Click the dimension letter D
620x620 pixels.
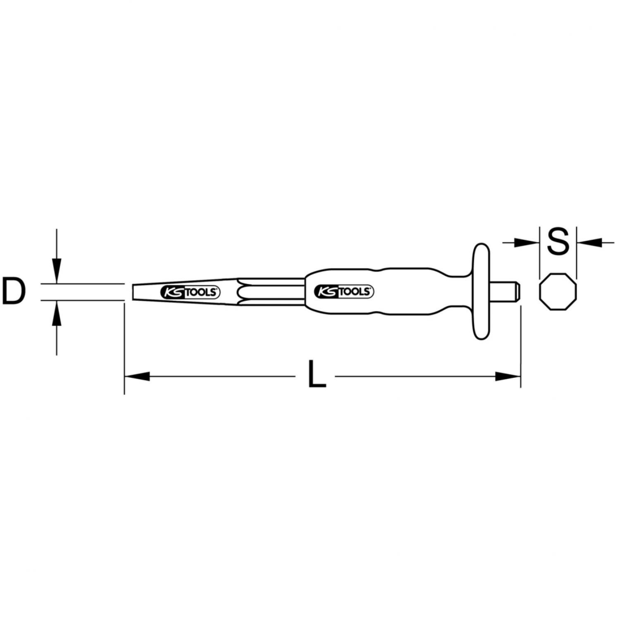coord(14,292)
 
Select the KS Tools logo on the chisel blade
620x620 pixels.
coord(190,292)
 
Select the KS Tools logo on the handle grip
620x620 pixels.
coord(344,291)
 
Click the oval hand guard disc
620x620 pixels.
coord(480,292)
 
